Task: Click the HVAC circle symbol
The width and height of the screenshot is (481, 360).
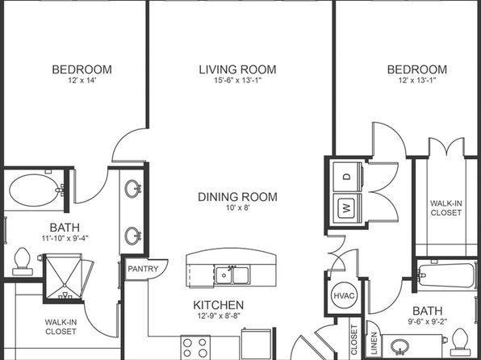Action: click(344, 295)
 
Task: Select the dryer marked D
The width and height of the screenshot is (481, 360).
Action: click(347, 177)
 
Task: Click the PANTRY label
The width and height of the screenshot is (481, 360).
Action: click(143, 269)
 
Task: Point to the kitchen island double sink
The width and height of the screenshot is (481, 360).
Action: click(232, 275)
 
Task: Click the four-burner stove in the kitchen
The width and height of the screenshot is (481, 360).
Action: click(195, 347)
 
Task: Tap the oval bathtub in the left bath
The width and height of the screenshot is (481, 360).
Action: click(34, 190)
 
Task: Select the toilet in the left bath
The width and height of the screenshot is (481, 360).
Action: click(23, 262)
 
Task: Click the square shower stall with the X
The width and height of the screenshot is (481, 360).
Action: click(64, 276)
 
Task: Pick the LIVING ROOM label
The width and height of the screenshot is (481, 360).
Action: click(237, 69)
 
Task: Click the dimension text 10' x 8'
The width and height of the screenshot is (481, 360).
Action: click(238, 207)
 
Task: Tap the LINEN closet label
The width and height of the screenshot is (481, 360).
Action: click(374, 343)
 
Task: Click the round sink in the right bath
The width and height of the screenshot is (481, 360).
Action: click(399, 346)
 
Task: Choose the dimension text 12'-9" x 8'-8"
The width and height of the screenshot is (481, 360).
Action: click(219, 316)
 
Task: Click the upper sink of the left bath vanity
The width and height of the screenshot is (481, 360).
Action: click(132, 188)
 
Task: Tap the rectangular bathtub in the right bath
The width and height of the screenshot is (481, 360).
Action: click(446, 275)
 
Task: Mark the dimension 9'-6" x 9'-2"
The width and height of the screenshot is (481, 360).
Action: click(427, 321)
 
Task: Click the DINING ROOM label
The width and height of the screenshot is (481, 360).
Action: click(237, 197)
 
